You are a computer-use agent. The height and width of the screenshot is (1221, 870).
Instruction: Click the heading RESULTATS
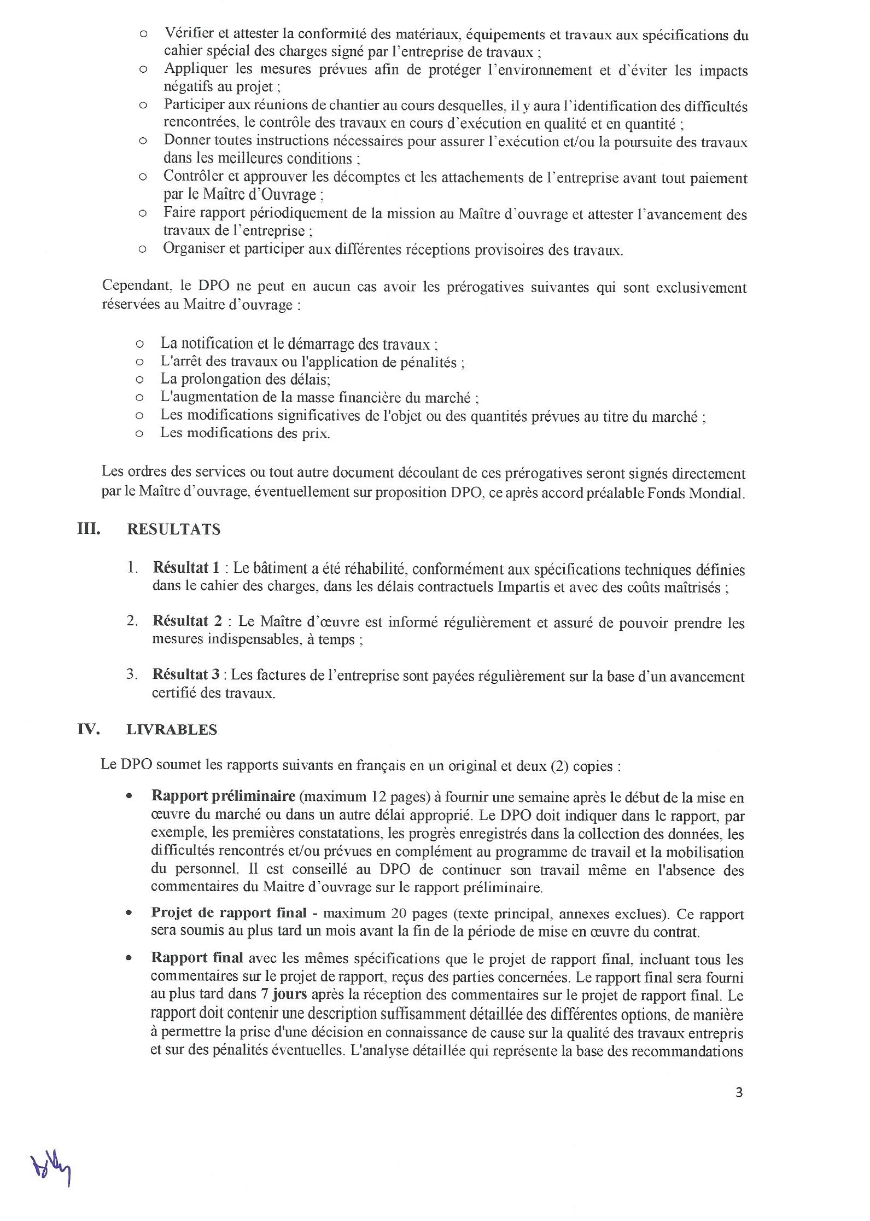tap(173, 530)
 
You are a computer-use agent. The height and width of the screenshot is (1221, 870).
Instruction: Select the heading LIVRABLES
tap(172, 730)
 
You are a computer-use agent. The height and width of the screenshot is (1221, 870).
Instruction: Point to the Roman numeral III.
tap(89, 529)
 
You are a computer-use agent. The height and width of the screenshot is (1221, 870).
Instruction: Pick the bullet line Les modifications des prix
tap(245, 433)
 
